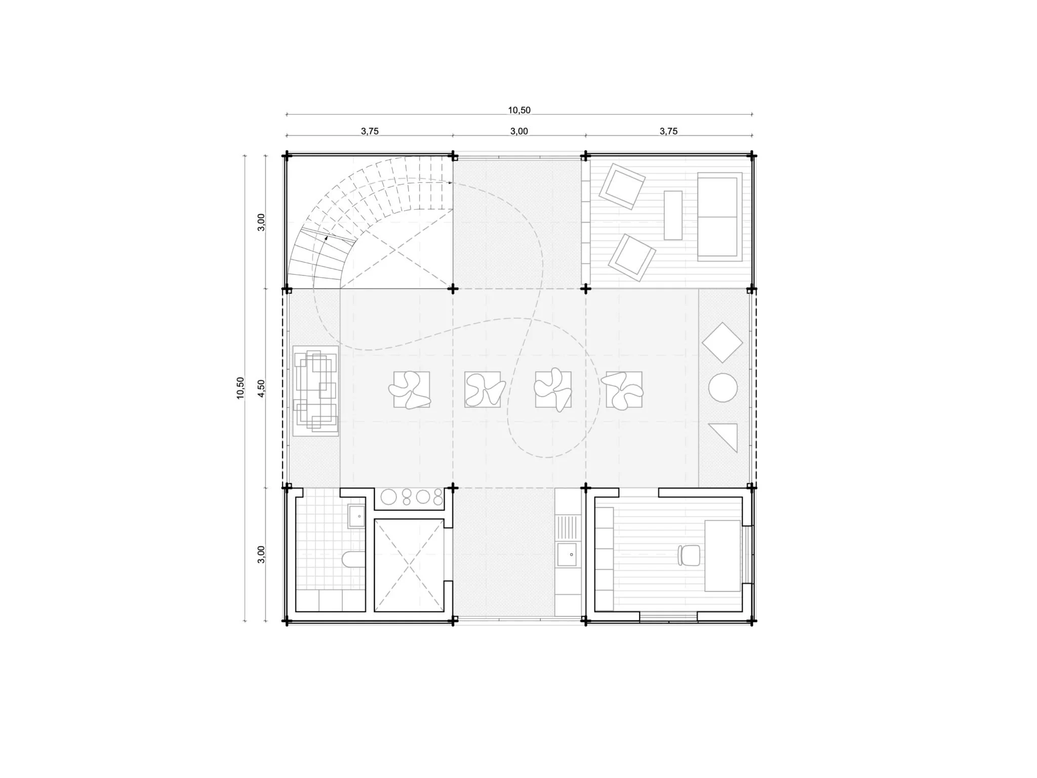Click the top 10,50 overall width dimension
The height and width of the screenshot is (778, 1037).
(x=519, y=110)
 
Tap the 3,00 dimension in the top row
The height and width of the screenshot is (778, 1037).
(x=519, y=131)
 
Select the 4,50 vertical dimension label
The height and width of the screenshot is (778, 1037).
(x=261, y=388)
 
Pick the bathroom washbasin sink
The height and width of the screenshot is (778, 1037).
(x=356, y=516)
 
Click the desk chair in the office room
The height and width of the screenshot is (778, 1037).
(x=689, y=555)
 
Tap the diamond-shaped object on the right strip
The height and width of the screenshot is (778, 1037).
(x=722, y=343)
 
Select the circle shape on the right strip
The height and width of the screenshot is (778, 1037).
(x=723, y=388)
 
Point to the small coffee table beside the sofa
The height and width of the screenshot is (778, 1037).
(x=673, y=215)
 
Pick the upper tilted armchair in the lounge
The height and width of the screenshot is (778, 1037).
(x=622, y=186)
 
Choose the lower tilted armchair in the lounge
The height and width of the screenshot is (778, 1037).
(x=631, y=257)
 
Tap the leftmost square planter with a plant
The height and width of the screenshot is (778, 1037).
(x=411, y=390)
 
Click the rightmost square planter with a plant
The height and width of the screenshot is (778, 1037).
(x=624, y=390)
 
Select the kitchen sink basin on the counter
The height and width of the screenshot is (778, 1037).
(x=567, y=554)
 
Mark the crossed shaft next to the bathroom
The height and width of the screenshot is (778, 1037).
(x=409, y=565)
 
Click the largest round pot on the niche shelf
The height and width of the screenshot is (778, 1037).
(x=389, y=497)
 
